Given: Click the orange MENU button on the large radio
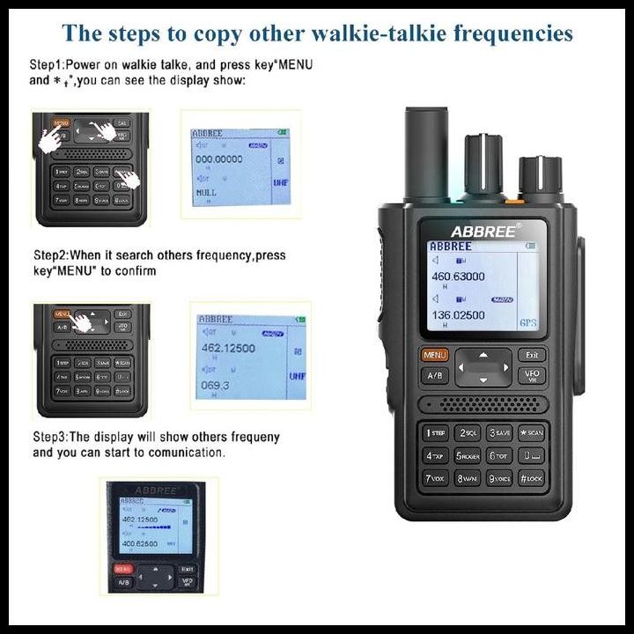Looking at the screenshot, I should pos(435,355).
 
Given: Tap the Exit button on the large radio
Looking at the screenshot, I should pos(531,355).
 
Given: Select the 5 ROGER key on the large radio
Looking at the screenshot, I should pos(467,455).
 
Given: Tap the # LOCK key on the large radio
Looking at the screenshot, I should pos(531,478).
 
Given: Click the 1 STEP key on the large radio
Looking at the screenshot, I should pos(435,432).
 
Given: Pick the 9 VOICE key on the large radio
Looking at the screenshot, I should pos(499,478).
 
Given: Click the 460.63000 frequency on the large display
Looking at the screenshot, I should pos(457,276).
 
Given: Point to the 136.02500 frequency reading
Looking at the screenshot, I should pos(457,314).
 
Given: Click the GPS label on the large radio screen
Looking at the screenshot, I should pos(527,323).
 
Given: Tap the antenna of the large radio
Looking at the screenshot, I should pos(426,154).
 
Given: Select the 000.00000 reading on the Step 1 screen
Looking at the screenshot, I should pos(219,158).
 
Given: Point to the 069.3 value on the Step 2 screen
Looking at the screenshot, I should pos(214,386).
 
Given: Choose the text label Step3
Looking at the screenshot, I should pos(50,437).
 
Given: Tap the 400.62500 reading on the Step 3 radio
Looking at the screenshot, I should pos(140,543).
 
